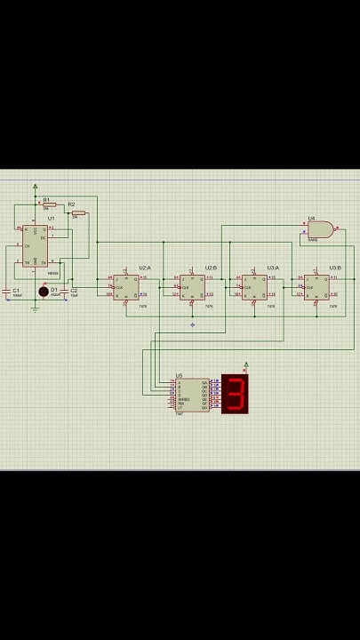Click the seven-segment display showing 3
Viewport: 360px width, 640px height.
(235, 394)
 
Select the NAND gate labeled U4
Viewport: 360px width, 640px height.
(320, 229)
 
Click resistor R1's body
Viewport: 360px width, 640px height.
(48, 204)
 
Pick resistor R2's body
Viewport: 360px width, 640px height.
(78, 213)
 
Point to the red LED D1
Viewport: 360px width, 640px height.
(43, 292)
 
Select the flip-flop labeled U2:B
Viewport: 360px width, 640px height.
(191, 287)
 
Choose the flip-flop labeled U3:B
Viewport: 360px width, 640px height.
(316, 287)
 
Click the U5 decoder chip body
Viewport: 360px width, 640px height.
(191, 396)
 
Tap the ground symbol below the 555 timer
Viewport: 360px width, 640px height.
(36, 308)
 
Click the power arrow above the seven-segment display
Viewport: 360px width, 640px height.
(246, 364)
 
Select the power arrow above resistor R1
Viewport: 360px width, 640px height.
(36, 187)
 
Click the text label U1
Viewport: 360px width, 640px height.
(52, 218)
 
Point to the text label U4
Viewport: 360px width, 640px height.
(311, 218)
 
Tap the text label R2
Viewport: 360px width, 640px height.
(71, 204)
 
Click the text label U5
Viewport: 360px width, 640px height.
(179, 376)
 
